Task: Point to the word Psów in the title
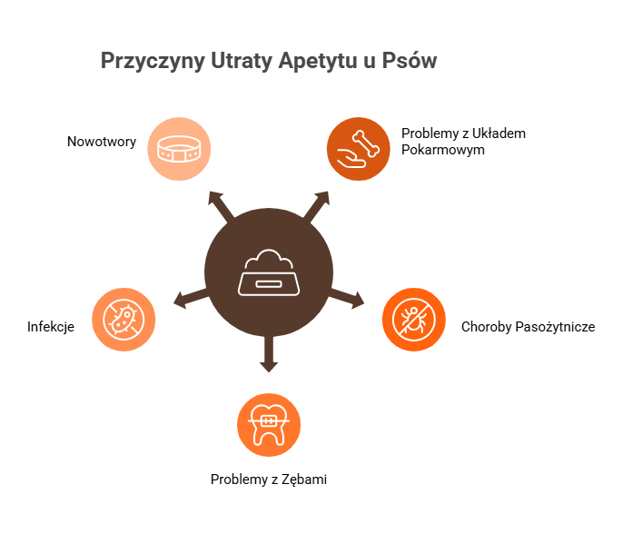tap(412, 62)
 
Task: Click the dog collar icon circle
tap(179, 149)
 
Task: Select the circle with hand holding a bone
tap(359, 148)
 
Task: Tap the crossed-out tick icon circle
tap(413, 319)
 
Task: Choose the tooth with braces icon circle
tap(269, 424)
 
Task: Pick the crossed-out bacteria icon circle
tap(124, 319)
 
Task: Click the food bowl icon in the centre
tap(269, 272)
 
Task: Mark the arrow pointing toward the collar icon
tap(219, 203)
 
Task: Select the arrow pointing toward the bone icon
tap(317, 203)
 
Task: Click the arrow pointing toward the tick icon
tap(349, 297)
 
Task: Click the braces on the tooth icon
tap(269, 421)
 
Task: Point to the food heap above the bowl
tap(269, 260)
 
